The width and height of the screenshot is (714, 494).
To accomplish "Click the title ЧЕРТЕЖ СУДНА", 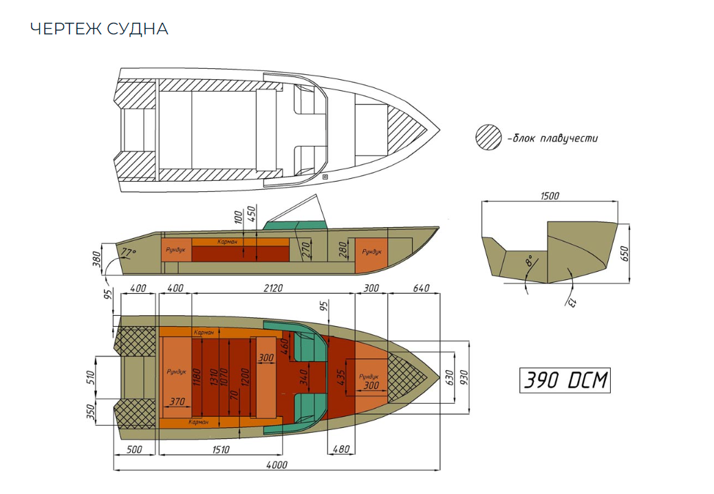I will [99, 29].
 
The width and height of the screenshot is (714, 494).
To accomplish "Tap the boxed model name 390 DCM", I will [564, 380].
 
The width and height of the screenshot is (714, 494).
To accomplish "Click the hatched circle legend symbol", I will [488, 138].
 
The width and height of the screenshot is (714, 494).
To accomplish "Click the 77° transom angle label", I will [129, 253].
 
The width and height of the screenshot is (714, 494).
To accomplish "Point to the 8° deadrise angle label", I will [528, 262].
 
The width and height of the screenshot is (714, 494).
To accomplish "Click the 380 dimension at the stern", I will [97, 259].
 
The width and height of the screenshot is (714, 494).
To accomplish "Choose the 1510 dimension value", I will [220, 450].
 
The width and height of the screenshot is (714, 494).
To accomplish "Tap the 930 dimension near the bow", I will [464, 378].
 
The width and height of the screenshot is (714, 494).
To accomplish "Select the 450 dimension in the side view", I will [252, 214].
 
